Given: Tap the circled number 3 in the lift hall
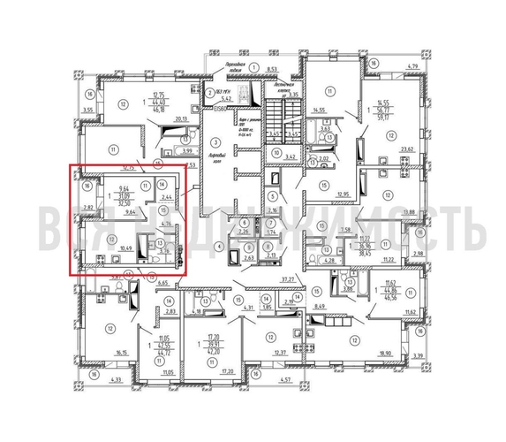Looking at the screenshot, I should pyautogui.click(x=214, y=141).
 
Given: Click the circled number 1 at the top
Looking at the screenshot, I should pyautogui.click(x=253, y=67).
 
